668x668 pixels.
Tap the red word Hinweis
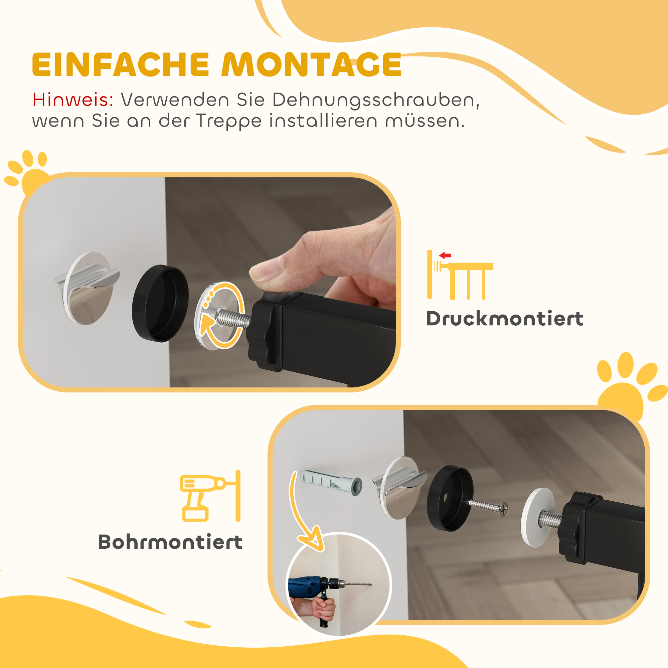point(73,100)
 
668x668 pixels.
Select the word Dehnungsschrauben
point(375,101)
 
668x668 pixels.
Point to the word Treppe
point(229,122)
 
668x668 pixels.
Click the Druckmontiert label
point(505,318)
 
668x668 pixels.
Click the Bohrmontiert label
point(170,542)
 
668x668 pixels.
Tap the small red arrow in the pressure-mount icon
point(445,256)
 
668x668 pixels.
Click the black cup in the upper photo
point(160,303)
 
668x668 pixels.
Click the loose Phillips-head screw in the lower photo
point(488,507)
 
